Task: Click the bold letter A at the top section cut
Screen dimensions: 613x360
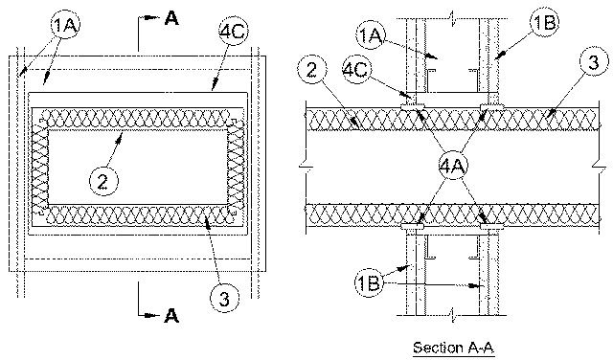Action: tap(171, 18)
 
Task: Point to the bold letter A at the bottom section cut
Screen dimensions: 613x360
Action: tap(171, 315)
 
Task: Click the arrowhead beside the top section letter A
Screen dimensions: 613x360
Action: tap(152, 17)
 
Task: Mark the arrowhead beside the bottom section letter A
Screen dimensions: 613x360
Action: tap(151, 315)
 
